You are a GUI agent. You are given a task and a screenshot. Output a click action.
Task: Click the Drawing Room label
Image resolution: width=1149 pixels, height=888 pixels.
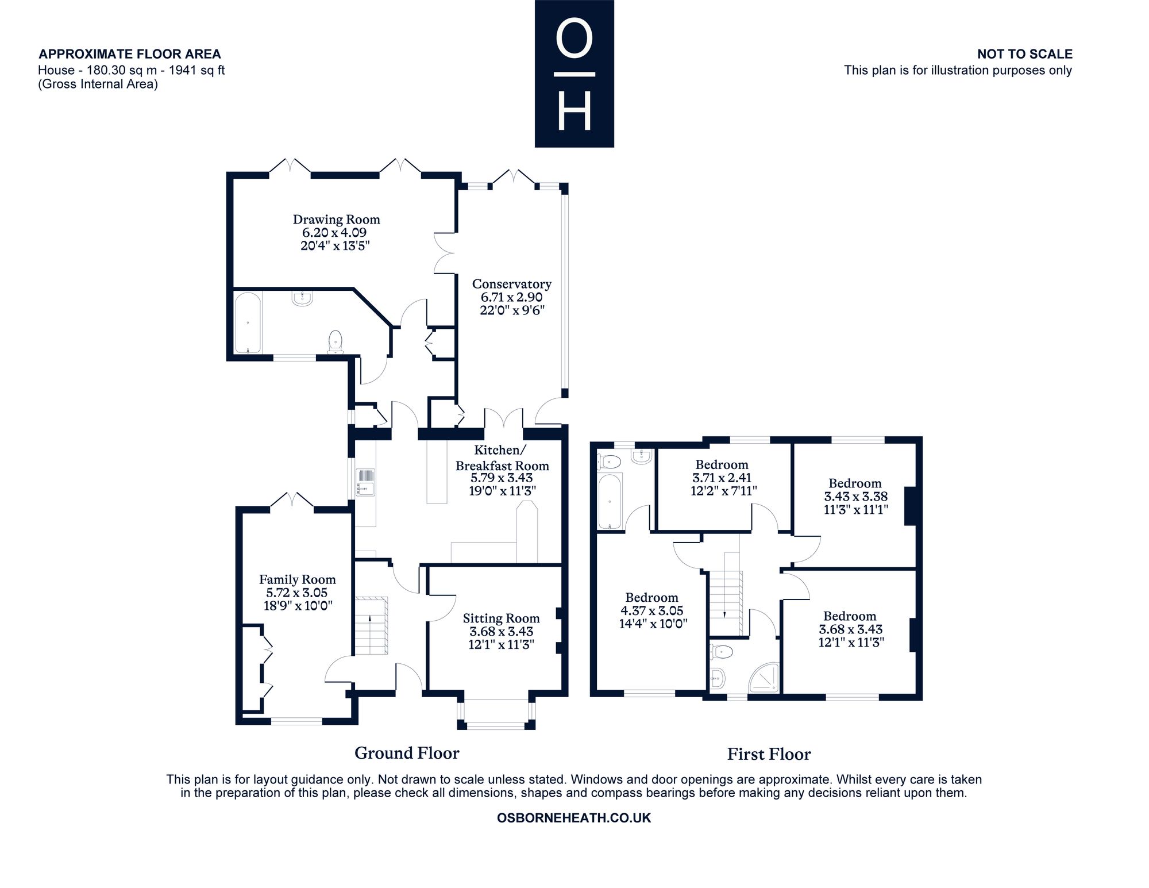pos(336,219)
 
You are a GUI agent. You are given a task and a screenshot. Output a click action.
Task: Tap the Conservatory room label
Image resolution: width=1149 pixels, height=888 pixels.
pos(511,283)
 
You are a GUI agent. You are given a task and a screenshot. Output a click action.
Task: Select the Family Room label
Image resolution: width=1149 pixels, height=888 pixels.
pos(297,580)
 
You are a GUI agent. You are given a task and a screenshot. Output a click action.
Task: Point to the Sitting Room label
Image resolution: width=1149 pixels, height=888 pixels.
pos(501,618)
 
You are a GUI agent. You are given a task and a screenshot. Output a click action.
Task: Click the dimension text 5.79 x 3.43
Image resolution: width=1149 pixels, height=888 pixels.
pos(502,478)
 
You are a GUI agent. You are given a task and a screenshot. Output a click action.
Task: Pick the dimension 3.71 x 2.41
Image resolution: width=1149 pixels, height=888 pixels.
pos(722,478)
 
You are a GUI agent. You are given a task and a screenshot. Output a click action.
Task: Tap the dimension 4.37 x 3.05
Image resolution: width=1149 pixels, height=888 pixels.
pos(651,610)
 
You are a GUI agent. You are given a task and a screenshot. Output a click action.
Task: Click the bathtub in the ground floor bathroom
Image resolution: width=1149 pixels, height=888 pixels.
pos(248,322)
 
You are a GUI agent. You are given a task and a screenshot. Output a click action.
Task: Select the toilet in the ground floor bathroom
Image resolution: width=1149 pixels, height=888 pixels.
pos(334,341)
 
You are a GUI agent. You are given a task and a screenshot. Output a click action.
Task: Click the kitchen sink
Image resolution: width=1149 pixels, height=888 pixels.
pos(365,482)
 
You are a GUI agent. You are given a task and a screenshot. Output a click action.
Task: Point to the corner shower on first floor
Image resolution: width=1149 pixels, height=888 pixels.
pos(764,678)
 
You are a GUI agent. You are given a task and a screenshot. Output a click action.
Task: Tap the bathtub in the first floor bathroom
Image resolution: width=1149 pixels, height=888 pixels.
pos(610,501)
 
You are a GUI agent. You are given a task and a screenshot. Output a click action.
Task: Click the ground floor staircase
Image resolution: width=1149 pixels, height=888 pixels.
pos(371,626)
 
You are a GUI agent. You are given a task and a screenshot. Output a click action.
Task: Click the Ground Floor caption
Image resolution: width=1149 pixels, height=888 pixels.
pos(407,753)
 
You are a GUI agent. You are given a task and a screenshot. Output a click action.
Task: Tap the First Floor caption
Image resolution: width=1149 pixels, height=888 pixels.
pos(769,754)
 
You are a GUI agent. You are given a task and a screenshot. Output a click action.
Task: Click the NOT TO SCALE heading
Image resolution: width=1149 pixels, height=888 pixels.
pos(1025,54)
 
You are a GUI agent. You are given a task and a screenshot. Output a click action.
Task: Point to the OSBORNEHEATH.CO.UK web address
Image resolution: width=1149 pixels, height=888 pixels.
pos(574,818)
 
